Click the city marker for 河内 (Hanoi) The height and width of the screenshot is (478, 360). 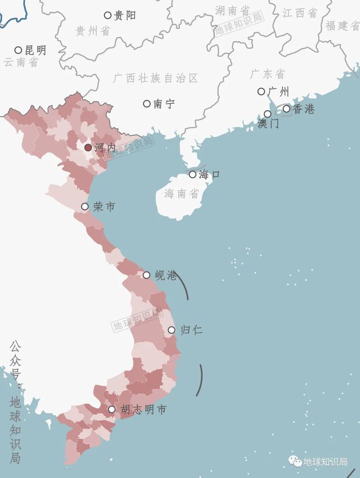[88, 148]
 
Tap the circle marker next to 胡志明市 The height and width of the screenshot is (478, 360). [112, 409]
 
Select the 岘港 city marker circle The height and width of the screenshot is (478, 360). [146, 275]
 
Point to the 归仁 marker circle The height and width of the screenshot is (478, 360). [171, 330]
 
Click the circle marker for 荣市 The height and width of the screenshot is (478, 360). [85, 207]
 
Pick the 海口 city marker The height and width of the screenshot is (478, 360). [193, 174]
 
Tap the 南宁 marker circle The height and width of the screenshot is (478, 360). [146, 104]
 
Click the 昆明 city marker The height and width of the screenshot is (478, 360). [18, 50]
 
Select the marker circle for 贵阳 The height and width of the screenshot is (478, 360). [107, 15]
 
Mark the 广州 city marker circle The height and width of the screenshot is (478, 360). [261, 92]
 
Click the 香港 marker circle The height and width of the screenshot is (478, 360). [286, 108]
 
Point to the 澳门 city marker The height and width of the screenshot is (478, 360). [267, 113]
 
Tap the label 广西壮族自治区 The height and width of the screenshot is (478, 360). [155, 78]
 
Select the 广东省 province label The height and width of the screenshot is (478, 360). [267, 74]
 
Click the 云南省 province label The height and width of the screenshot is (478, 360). [21, 62]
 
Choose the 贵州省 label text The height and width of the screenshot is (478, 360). [92, 31]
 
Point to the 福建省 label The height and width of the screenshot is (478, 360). [343, 25]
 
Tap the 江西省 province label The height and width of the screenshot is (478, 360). [299, 13]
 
